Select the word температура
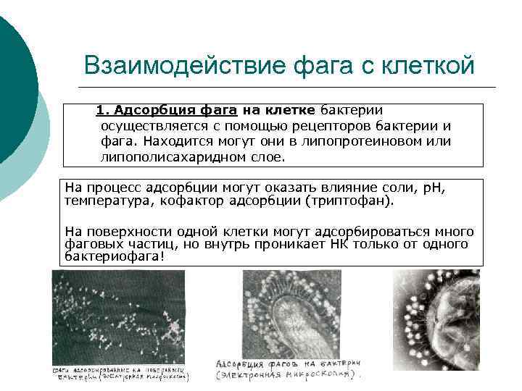(x=106, y=201)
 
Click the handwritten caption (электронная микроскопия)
(x=288, y=376)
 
